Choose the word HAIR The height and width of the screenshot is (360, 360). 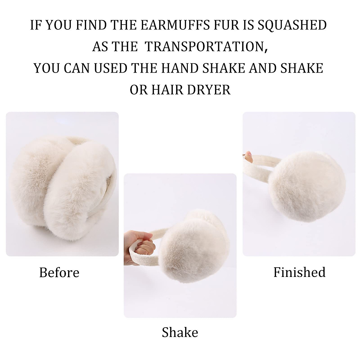[x=164, y=89]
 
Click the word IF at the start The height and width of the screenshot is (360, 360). [x=35, y=25]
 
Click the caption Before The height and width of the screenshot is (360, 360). [x=59, y=272]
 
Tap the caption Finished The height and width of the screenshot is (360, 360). [x=299, y=272]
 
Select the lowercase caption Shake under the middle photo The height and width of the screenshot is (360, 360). [x=180, y=332]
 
